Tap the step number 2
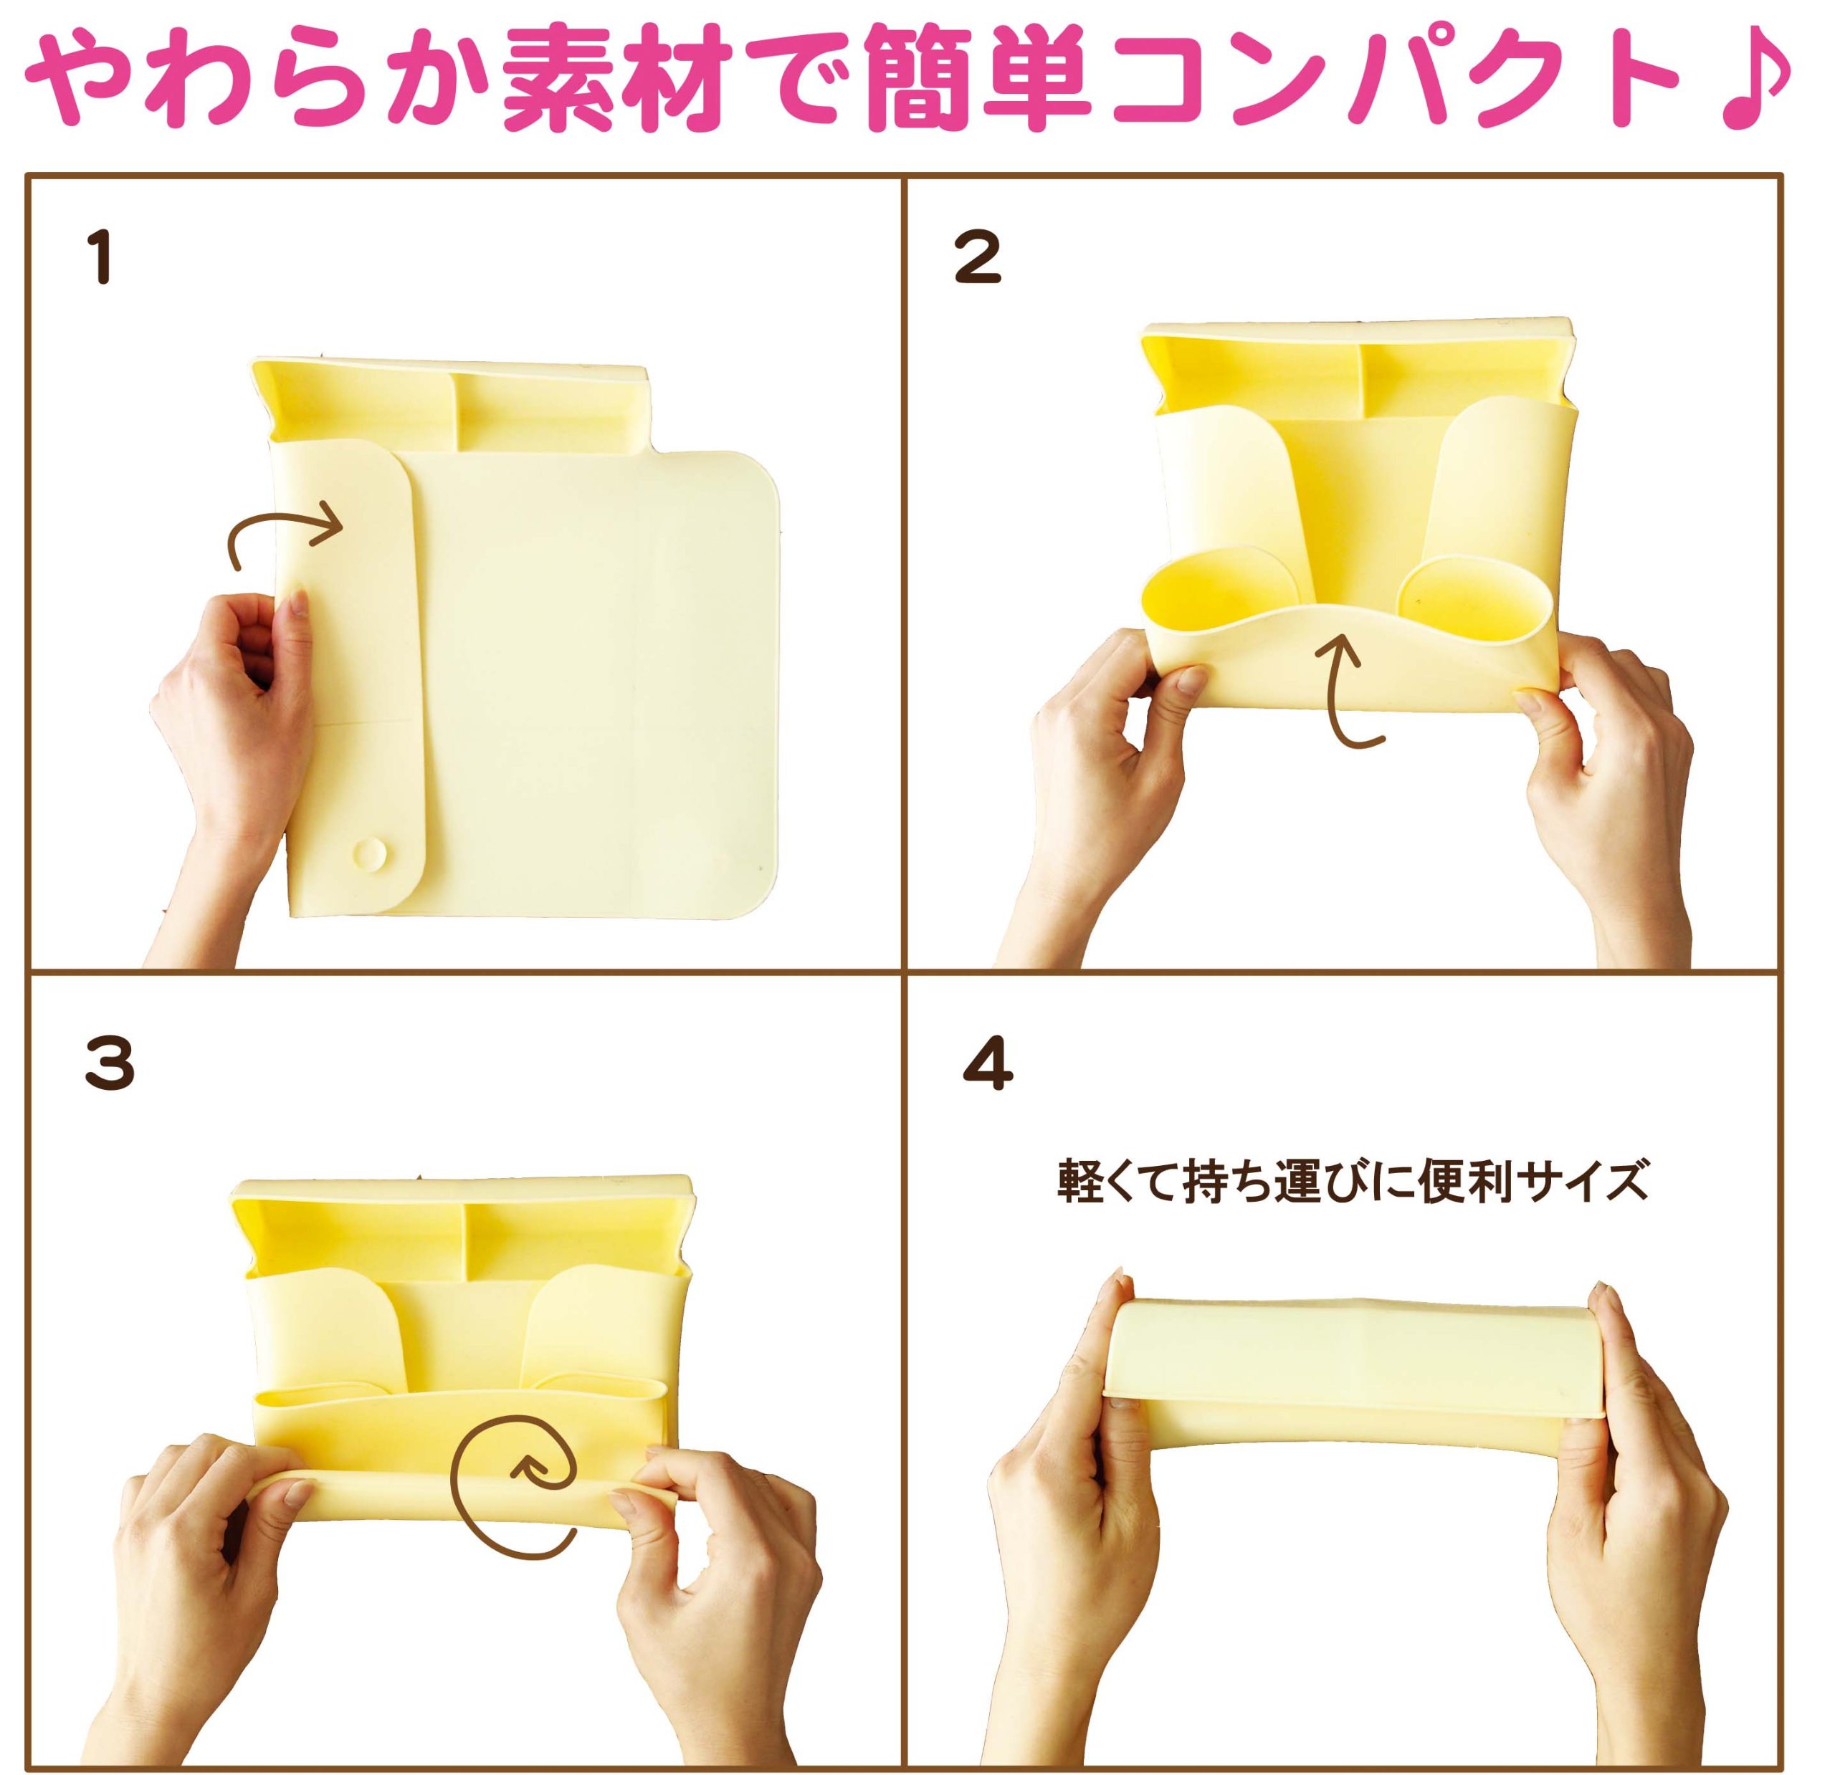click(x=978, y=257)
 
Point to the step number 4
click(x=988, y=1064)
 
